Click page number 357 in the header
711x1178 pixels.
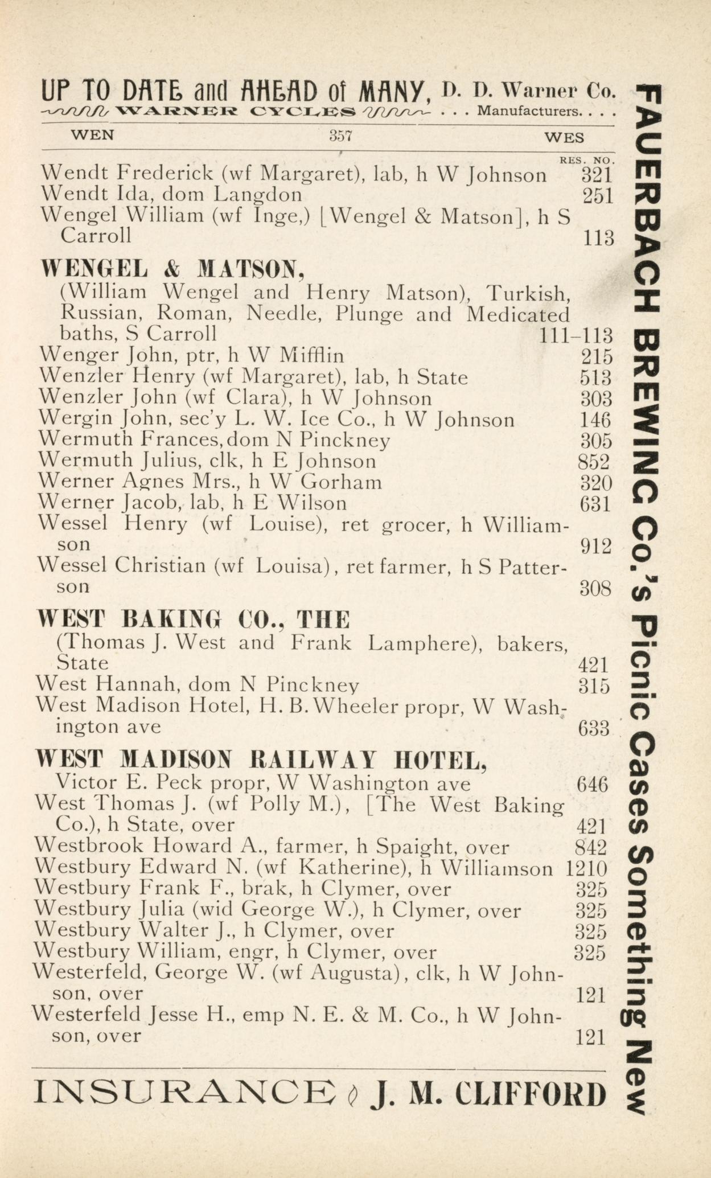(341, 136)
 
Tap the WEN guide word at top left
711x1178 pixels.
(92, 136)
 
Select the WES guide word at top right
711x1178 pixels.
(564, 137)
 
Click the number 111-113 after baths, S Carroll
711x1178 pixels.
(576, 335)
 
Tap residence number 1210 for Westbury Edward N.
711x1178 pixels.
(587, 869)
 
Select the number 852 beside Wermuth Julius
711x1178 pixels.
(594, 462)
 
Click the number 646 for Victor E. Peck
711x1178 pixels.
(592, 785)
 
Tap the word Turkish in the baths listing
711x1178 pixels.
(529, 293)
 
